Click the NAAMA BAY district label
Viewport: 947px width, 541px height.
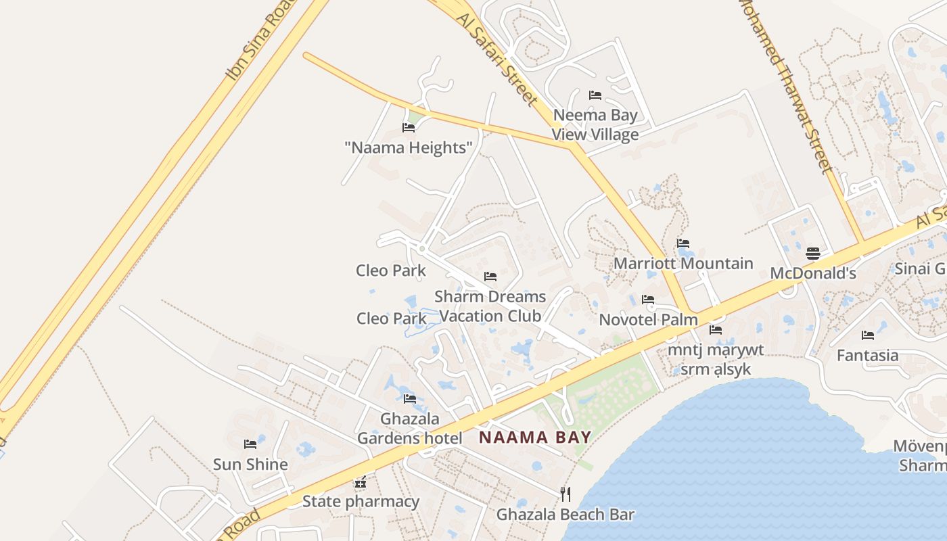(x=535, y=438)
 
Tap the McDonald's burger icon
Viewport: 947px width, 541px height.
(x=813, y=254)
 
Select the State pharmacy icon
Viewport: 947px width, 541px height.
(x=361, y=483)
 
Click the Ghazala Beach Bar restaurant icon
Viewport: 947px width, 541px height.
(x=565, y=494)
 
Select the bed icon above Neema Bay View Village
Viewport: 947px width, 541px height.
(x=595, y=95)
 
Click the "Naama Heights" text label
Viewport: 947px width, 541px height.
(x=409, y=147)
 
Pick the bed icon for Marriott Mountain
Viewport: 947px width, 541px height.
(x=683, y=243)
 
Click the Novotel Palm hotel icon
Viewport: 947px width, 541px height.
(x=648, y=300)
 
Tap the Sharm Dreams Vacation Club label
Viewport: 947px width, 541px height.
(x=490, y=306)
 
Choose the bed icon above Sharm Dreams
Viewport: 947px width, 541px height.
(x=490, y=277)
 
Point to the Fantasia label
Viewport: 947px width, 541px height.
(x=868, y=355)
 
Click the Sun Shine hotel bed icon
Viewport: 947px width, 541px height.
(x=250, y=444)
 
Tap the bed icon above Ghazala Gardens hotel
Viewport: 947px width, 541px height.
(x=410, y=399)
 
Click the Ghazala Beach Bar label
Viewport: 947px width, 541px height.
(x=565, y=515)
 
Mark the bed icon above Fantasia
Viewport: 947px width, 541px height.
(x=868, y=335)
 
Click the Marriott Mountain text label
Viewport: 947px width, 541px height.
(x=683, y=264)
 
